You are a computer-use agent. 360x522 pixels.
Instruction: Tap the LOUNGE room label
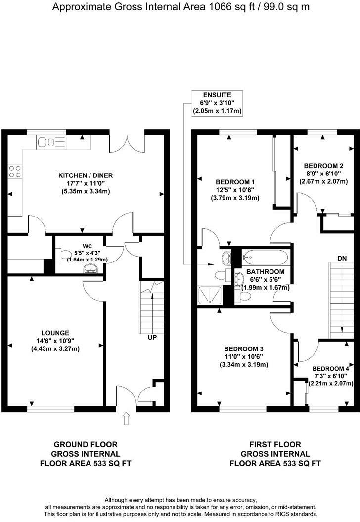(x=55, y=333)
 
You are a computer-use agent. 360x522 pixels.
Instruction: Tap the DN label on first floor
(x=341, y=258)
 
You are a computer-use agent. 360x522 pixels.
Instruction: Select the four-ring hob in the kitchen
(x=14, y=171)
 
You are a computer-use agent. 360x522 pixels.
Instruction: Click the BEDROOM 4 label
(x=330, y=368)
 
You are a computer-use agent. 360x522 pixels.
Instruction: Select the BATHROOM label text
(x=265, y=272)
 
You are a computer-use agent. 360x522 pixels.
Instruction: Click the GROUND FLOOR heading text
(x=86, y=444)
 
